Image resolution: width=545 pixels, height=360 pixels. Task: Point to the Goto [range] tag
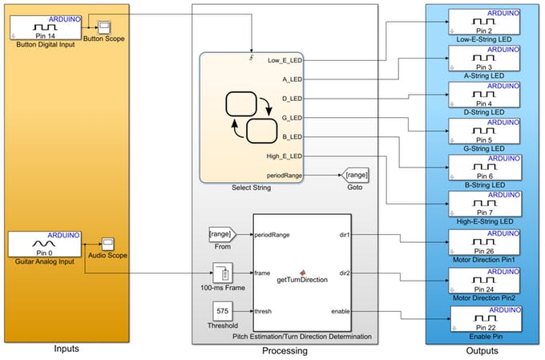pyautogui.click(x=355, y=175)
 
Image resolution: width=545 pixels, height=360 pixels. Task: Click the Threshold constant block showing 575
pyautogui.click(x=222, y=311)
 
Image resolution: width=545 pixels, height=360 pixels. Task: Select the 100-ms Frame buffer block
pyautogui.click(x=222, y=273)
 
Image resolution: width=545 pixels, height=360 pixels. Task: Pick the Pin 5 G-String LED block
pyautogui.click(x=483, y=132)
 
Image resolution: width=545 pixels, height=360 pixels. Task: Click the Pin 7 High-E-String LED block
pyautogui.click(x=483, y=205)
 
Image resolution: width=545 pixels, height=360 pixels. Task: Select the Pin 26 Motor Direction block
pyautogui.click(x=483, y=242)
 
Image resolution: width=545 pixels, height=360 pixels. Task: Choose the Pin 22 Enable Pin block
pyautogui.click(x=483, y=318)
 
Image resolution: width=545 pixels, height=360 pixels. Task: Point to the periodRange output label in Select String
pyautogui.click(x=284, y=175)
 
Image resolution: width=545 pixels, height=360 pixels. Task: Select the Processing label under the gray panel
pyautogui.click(x=285, y=350)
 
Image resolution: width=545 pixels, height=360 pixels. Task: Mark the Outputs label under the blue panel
pyautogui.click(x=482, y=350)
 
